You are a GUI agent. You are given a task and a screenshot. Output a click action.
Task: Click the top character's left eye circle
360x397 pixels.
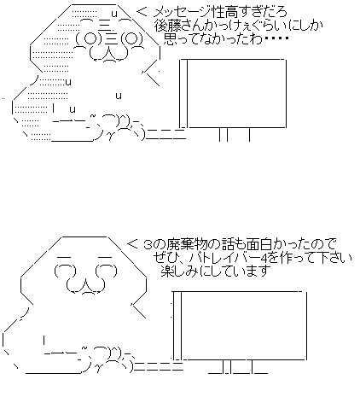(90, 38)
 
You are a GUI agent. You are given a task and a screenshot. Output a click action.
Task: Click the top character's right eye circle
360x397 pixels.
(131, 38)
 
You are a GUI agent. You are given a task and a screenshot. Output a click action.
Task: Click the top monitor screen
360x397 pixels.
(236, 93)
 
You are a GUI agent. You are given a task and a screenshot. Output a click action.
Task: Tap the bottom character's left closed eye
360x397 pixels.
(66, 270)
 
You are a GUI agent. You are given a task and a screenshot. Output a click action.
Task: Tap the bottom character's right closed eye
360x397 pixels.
(107, 270)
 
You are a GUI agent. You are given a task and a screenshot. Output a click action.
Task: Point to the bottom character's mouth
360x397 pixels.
(85, 285)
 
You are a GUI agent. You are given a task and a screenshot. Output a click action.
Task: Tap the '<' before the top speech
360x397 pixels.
(142, 12)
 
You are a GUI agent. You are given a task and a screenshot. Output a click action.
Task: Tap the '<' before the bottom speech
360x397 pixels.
(132, 244)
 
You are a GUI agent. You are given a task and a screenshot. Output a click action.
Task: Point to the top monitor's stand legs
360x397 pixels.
(235, 134)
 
